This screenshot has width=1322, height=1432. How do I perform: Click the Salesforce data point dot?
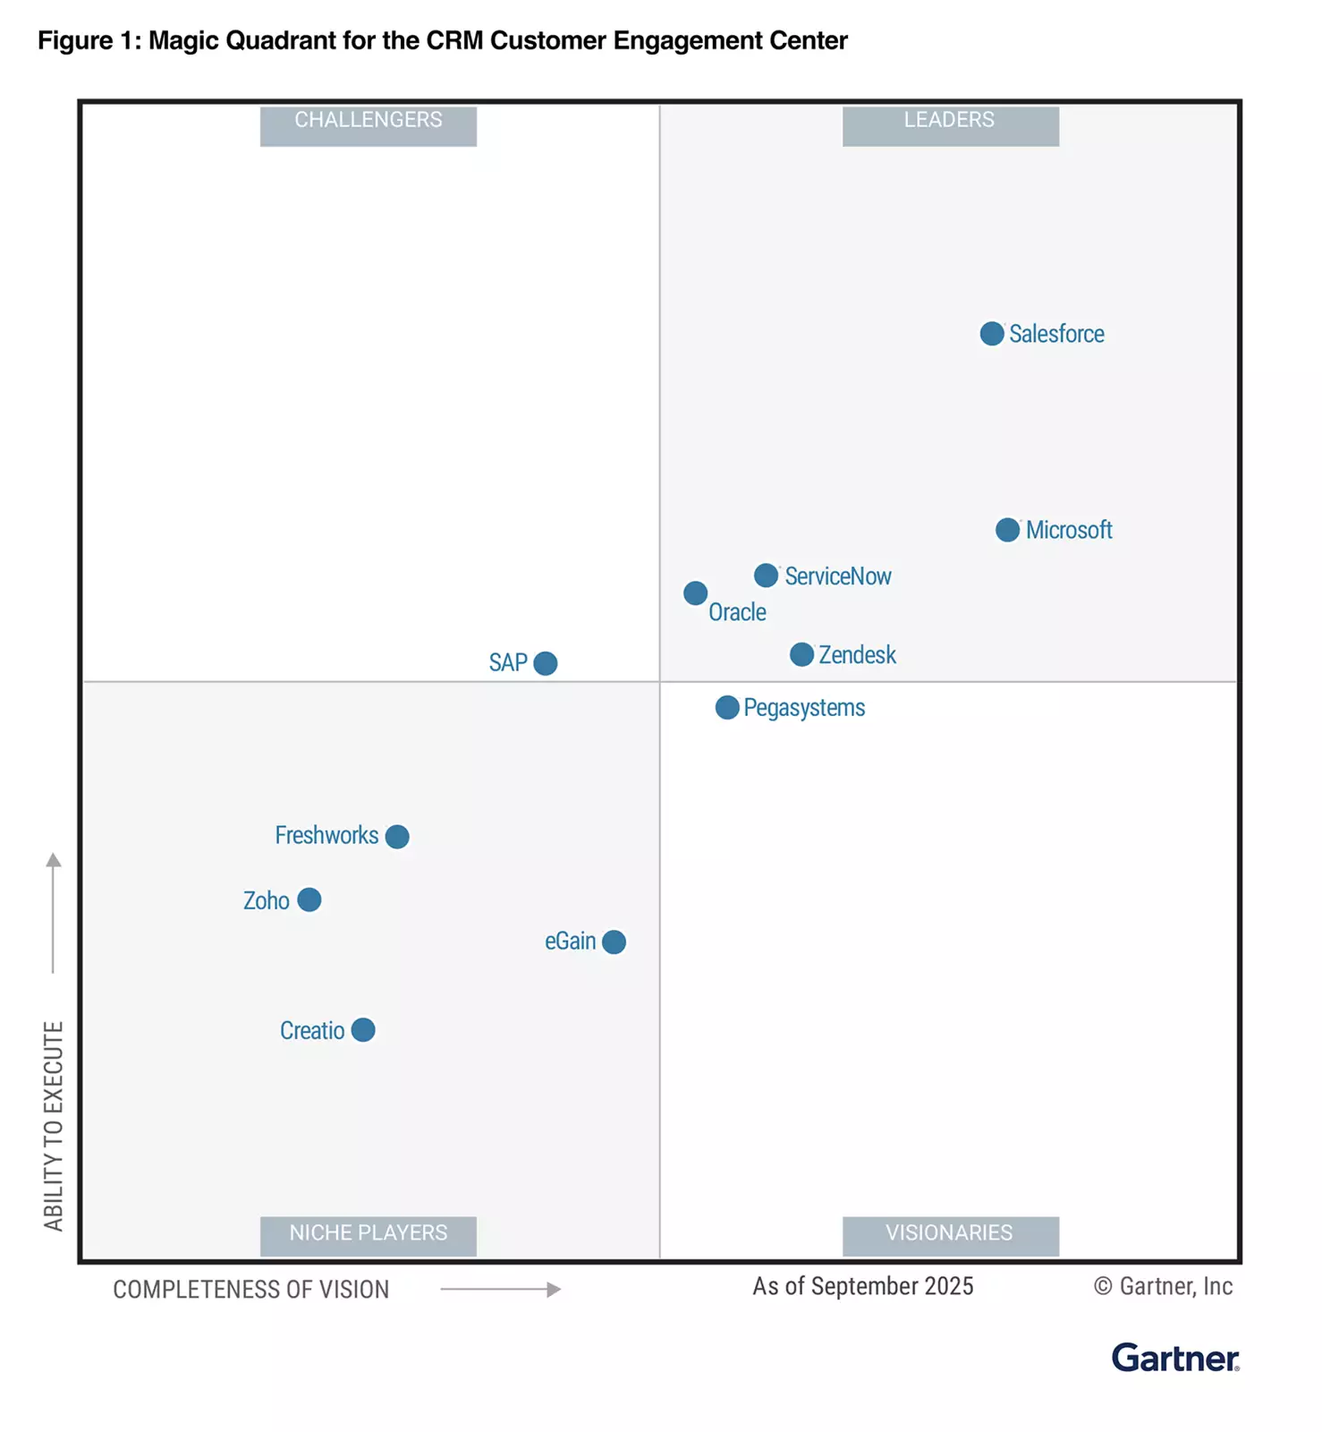click(991, 334)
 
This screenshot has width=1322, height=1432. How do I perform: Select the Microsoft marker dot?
click(1007, 530)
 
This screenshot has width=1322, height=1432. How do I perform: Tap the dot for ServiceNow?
click(766, 575)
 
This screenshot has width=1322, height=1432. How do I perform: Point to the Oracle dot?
click(695, 593)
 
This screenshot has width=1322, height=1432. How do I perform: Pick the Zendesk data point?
click(801, 654)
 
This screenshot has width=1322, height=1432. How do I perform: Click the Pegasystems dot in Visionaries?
click(727, 708)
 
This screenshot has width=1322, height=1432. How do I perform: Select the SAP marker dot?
click(545, 663)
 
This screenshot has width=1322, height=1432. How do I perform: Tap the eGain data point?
click(614, 942)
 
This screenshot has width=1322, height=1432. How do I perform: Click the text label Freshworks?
click(326, 835)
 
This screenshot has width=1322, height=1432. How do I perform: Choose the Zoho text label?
click(267, 900)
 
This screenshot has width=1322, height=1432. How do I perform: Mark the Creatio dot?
click(362, 1030)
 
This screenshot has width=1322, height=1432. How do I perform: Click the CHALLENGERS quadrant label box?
click(369, 124)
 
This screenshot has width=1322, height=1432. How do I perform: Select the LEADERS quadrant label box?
click(950, 124)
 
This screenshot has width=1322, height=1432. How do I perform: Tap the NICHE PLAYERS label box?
click(369, 1235)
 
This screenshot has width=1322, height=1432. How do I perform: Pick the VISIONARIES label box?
click(950, 1235)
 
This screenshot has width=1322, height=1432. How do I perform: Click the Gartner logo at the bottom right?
click(1174, 1358)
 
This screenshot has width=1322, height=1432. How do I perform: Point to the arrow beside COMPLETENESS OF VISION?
click(501, 1290)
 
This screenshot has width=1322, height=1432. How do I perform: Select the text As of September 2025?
click(862, 1286)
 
